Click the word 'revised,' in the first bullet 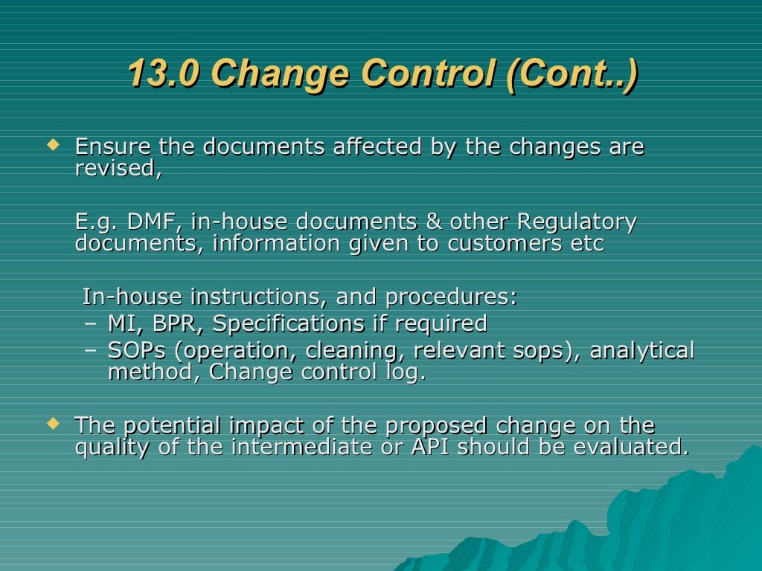(x=118, y=169)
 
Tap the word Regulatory (x=577, y=222)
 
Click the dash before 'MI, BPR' (x=90, y=324)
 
